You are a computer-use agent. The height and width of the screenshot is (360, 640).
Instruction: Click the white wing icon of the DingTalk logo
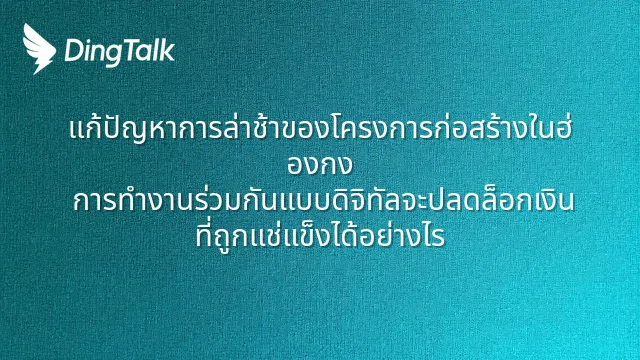(39, 49)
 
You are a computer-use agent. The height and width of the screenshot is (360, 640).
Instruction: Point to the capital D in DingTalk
(73, 51)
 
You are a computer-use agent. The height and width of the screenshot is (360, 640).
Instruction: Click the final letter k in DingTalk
(169, 50)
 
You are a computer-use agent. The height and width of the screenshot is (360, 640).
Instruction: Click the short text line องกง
(320, 165)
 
